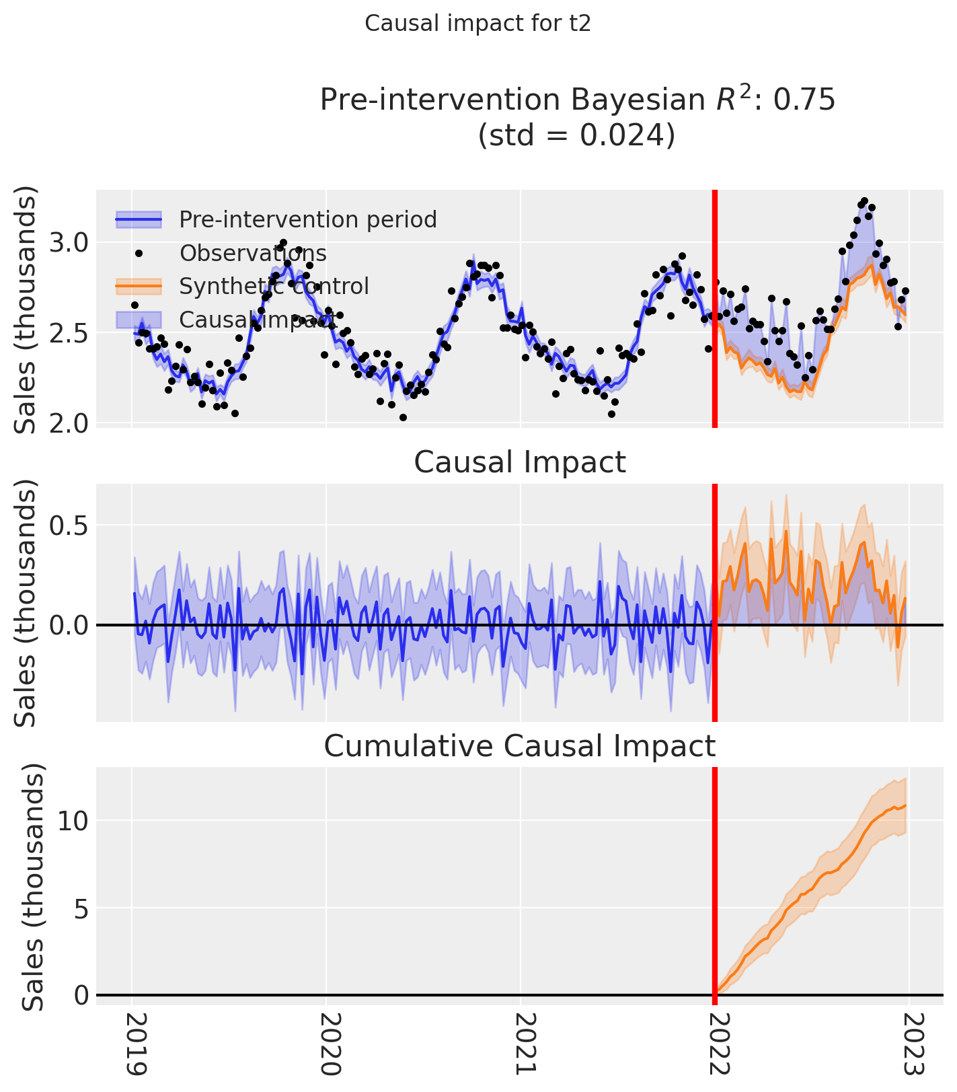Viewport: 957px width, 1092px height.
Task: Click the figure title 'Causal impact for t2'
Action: [477, 24]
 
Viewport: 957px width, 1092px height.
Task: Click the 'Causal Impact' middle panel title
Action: [519, 463]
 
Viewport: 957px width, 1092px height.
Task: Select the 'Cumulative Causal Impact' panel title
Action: [519, 746]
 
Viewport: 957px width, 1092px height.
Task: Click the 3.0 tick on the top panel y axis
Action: [69, 242]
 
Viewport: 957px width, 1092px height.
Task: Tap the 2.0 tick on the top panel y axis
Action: [69, 423]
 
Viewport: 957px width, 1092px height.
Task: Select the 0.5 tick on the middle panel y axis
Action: [69, 525]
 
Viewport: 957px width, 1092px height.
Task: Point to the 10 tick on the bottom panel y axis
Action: [73, 821]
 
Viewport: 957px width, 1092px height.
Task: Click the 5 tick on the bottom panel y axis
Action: [81, 908]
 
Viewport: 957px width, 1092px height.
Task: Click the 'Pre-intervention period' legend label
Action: [308, 219]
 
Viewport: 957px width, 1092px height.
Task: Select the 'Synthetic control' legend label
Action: [274, 286]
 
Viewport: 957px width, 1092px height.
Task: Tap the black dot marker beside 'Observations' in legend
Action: [139, 253]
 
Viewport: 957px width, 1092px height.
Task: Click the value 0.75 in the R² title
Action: [804, 100]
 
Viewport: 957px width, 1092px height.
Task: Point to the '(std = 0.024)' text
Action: [576, 135]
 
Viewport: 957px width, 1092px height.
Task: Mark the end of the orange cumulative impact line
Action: [906, 805]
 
